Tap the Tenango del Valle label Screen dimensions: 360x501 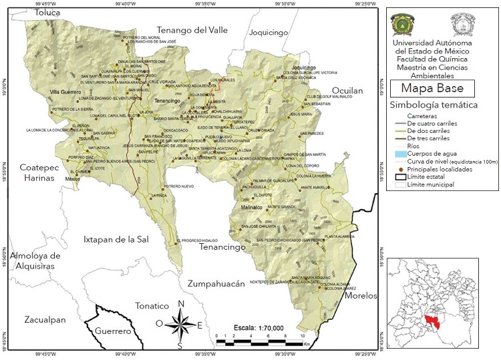click(x=192, y=30)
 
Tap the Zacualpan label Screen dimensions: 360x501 click(x=45, y=320)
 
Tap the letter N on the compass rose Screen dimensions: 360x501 click(x=180, y=304)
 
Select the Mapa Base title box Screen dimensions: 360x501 click(x=432, y=88)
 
